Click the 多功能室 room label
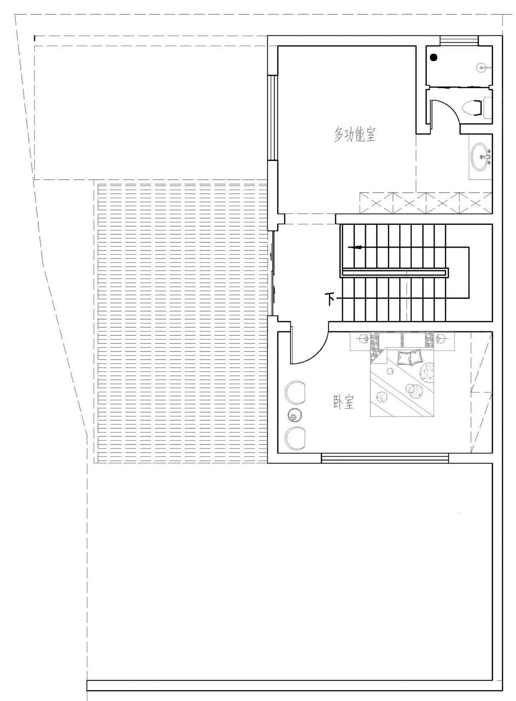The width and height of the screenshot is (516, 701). click(x=355, y=135)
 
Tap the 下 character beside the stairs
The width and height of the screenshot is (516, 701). click(x=330, y=299)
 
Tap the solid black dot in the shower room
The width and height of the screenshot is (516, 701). click(x=434, y=57)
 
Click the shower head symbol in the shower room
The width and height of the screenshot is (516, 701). click(x=481, y=68)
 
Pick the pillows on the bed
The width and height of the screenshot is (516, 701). click(x=410, y=358)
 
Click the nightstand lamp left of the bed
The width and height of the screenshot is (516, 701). click(x=363, y=339)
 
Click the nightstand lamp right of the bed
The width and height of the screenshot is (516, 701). click(x=440, y=338)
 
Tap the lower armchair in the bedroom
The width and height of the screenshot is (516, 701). click(x=295, y=438)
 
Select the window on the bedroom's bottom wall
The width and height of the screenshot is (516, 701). click(x=385, y=458)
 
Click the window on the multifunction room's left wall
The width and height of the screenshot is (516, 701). click(x=272, y=118)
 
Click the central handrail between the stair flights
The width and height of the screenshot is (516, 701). click(x=394, y=273)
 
